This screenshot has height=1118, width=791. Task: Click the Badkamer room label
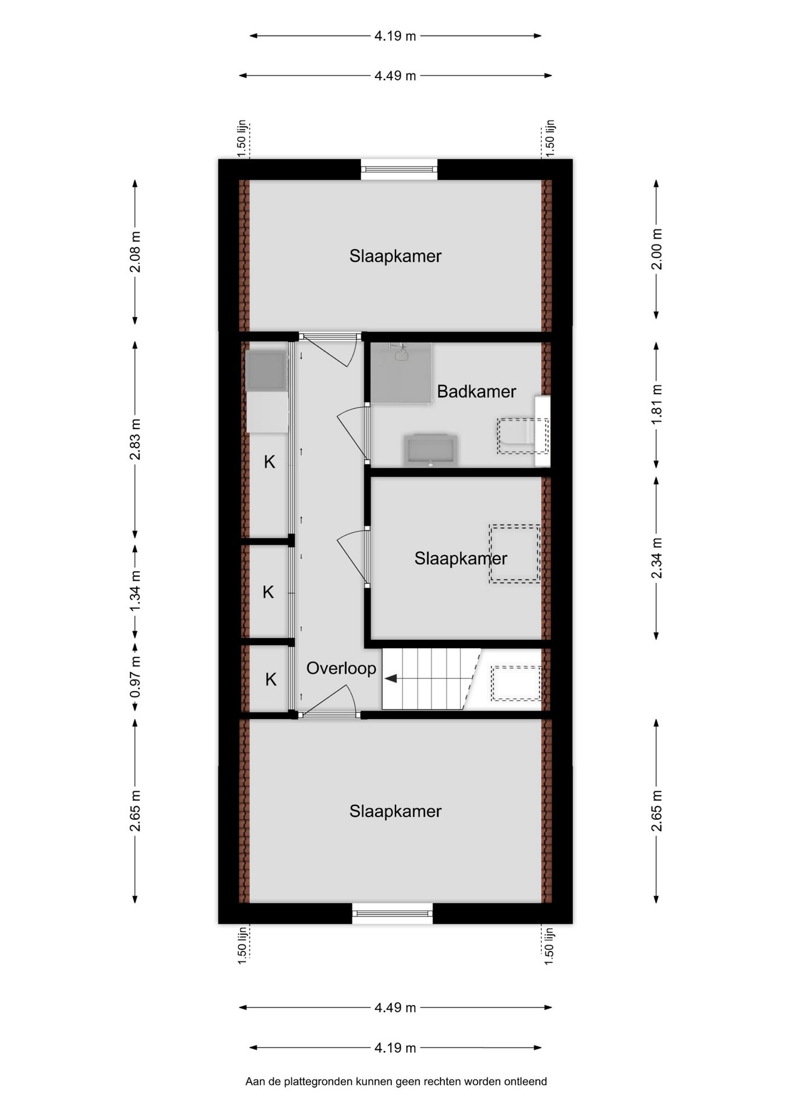(476, 391)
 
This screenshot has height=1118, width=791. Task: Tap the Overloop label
(341, 668)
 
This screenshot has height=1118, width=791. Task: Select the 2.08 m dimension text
(135, 252)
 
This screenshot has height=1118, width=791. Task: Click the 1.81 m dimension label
(656, 404)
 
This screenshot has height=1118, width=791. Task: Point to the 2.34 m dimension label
(656, 558)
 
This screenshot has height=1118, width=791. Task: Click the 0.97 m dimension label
(135, 677)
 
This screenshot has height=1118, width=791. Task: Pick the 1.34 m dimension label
(135, 591)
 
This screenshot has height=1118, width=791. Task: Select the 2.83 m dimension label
(135, 439)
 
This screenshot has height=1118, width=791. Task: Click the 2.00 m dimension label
(656, 249)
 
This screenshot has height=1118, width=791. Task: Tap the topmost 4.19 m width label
(395, 36)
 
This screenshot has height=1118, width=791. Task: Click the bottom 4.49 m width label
(395, 1007)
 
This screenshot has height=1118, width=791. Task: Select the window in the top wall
(398, 169)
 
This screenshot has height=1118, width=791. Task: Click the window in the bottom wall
(392, 913)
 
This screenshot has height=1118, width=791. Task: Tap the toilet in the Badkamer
(521, 436)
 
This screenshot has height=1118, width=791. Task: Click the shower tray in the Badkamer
(402, 373)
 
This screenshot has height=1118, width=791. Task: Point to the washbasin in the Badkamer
(430, 450)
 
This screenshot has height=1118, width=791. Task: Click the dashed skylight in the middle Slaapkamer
(514, 554)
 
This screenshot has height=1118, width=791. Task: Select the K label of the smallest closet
(271, 680)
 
